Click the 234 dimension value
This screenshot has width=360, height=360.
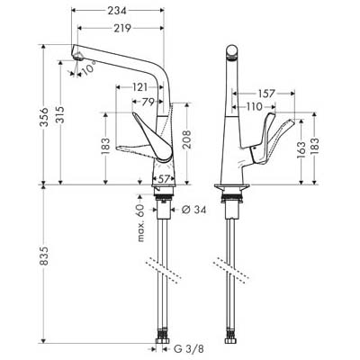point(117,11)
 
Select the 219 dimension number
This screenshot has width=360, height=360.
point(122,28)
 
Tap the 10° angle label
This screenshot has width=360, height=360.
point(89,68)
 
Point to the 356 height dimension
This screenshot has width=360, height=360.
point(44,117)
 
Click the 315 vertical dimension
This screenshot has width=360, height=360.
point(60,115)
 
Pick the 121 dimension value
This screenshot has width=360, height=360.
point(140,87)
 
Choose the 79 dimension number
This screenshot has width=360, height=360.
point(148,102)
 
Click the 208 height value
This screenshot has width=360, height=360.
point(187,139)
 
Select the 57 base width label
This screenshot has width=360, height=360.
point(164,179)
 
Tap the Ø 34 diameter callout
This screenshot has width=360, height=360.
point(193,210)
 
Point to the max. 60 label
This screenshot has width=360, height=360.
point(141,223)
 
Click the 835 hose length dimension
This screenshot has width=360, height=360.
point(44,256)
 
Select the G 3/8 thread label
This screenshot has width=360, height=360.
point(189,349)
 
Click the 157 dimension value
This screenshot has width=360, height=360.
point(265,94)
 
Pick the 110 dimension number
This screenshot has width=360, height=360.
point(254,106)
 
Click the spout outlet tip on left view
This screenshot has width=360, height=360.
point(77,56)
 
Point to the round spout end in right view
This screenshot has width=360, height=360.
point(231,51)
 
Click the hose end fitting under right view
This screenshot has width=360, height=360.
point(231,341)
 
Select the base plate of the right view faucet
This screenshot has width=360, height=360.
point(231,186)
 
